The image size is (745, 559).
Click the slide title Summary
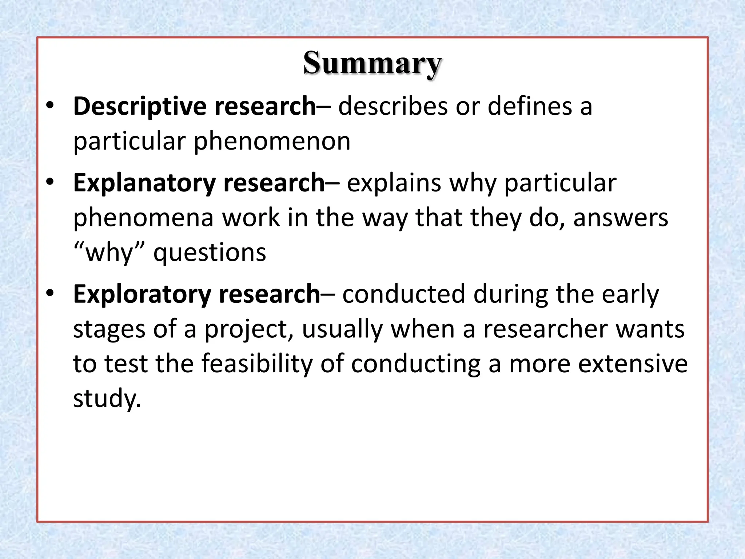(x=372, y=63)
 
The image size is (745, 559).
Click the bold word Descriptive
(x=140, y=106)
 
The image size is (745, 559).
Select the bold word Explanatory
(x=144, y=183)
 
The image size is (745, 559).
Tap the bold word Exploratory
(x=142, y=294)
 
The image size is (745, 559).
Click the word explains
(x=394, y=183)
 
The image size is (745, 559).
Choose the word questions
(x=210, y=253)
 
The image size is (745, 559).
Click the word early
(x=630, y=294)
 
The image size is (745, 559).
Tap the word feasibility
(x=257, y=364)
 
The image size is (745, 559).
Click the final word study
(x=107, y=398)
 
